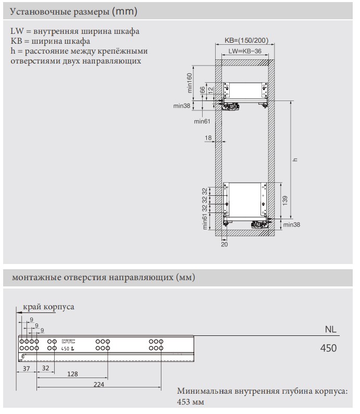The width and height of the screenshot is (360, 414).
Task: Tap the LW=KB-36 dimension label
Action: pyautogui.click(x=244, y=52)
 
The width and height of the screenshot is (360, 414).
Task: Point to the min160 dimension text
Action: pyautogui.click(x=190, y=82)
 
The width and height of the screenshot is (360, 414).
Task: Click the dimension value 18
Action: pyautogui.click(x=208, y=138)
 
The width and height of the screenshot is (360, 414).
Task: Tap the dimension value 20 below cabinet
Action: pyautogui.click(x=225, y=243)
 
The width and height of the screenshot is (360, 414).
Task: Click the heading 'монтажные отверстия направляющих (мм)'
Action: pyautogui.click(x=99, y=278)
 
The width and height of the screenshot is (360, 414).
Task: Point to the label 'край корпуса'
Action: pyautogui.click(x=52, y=306)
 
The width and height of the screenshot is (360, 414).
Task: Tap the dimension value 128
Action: pyautogui.click(x=73, y=374)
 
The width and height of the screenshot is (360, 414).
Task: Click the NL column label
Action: pyautogui.click(x=330, y=330)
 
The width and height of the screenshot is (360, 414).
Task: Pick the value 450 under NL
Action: pyautogui.click(x=328, y=348)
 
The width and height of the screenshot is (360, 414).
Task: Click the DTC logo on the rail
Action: pyautogui.click(x=68, y=340)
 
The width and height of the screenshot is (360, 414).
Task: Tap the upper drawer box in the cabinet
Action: pyautogui.click(x=245, y=91)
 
